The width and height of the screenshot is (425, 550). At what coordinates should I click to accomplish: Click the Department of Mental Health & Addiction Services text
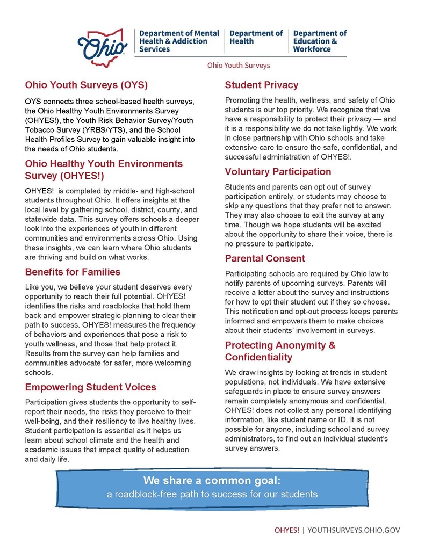(179, 41)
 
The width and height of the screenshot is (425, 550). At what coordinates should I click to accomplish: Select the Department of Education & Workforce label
(320, 41)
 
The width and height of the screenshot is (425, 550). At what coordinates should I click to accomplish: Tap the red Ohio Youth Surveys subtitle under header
(239, 66)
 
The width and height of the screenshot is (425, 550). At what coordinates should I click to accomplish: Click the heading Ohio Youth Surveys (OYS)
(87, 85)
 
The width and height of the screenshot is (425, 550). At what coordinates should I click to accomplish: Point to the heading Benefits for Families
(73, 271)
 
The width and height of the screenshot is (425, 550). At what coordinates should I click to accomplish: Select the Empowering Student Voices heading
(91, 387)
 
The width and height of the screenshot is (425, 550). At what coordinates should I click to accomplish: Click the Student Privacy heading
(261, 85)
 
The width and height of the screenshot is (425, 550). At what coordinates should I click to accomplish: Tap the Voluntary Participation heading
(278, 172)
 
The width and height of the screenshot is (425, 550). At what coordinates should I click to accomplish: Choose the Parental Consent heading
(265, 258)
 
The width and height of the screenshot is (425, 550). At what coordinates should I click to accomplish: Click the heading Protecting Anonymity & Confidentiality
(280, 351)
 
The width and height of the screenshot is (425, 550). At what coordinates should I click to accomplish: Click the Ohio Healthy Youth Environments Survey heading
(104, 170)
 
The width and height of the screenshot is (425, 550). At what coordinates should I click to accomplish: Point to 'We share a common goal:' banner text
(212, 480)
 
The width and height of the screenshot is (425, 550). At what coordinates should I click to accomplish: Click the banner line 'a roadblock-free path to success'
(212, 494)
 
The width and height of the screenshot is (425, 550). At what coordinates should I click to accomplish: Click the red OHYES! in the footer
(287, 530)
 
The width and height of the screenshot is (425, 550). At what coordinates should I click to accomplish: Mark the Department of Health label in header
(256, 37)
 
